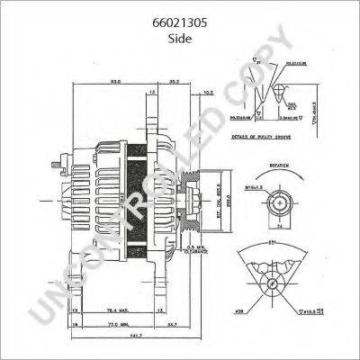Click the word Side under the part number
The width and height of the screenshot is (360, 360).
coord(181,29)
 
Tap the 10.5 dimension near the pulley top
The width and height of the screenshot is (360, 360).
coord(208,93)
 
